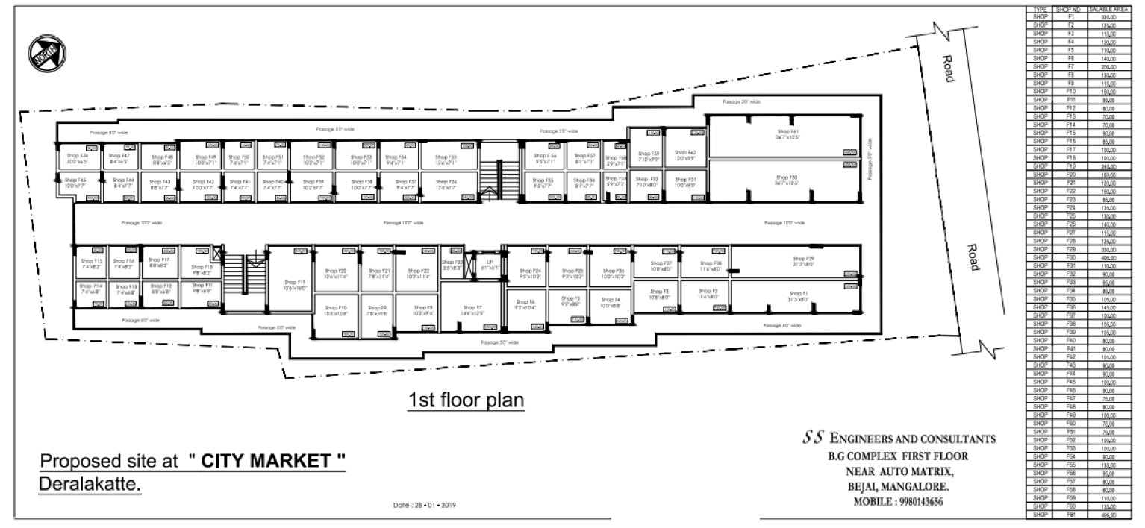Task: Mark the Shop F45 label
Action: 75,183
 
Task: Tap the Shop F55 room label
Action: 447,160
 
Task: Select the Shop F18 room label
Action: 202,269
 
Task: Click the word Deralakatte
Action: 90,485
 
